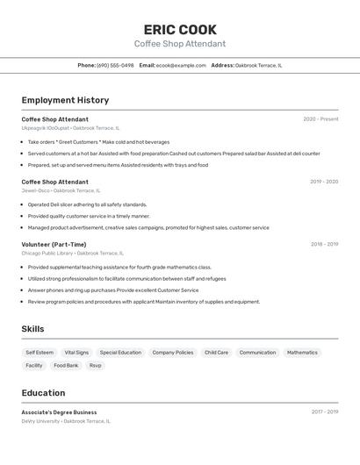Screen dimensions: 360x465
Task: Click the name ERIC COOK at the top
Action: tap(180, 29)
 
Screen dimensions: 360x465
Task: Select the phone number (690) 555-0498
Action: tap(115, 65)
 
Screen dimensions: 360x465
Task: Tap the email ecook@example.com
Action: tap(181, 65)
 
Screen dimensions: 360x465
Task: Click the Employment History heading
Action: tap(65, 100)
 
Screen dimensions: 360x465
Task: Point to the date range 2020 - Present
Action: tap(320, 119)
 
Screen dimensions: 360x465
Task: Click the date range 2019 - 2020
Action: tap(324, 182)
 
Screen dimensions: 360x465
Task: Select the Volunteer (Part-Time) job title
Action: tap(54, 245)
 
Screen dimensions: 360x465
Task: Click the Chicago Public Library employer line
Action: tap(72, 254)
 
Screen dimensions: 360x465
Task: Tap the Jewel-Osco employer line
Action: tap(61, 190)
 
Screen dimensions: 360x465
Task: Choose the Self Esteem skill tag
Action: tap(40, 353)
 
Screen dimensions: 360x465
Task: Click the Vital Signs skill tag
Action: tap(76, 353)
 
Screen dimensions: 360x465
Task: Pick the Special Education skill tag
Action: tap(120, 353)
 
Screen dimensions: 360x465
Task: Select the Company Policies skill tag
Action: tap(173, 353)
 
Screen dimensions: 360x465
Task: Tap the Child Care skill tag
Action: tap(216, 353)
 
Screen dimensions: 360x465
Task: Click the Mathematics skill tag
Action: tap(302, 353)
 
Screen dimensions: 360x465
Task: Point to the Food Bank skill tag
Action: tap(66, 365)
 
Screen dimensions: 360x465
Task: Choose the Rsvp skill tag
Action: tap(96, 365)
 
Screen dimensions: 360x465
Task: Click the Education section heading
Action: tap(43, 393)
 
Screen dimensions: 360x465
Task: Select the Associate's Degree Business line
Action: tap(59, 412)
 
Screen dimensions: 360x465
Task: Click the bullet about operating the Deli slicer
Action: tap(87, 204)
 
